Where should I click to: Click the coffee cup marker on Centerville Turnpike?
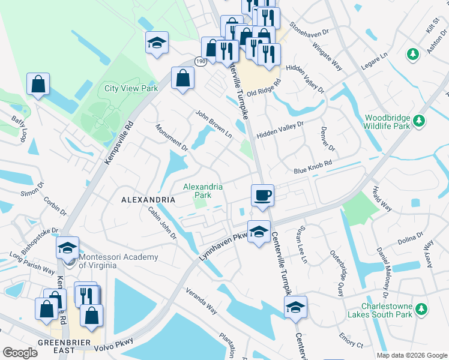262,195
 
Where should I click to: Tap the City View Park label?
131,88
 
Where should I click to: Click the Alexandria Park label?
203,191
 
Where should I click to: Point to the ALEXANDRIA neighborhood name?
148,199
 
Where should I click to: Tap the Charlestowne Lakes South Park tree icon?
423,309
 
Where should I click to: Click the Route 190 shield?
200,62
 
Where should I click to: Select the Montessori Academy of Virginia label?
119,262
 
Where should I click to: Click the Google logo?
20,353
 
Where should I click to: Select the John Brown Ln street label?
213,124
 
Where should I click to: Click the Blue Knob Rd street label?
313,167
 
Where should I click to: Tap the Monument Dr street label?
172,137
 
